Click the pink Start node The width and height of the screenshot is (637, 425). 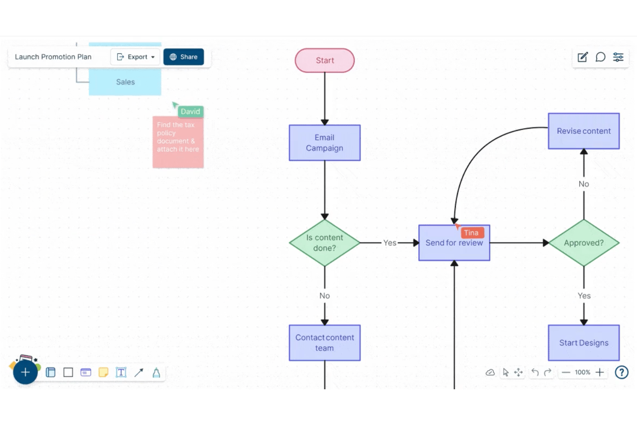pos(325,60)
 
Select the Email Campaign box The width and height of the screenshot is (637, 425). pos(325,143)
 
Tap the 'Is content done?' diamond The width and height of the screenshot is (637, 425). pos(325,243)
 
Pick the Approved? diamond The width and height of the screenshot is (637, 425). pos(584,243)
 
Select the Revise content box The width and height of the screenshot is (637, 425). pos(584,131)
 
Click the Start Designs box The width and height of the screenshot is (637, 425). pos(584,343)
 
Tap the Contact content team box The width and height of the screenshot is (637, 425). pos(325,343)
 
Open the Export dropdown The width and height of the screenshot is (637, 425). pos(135,57)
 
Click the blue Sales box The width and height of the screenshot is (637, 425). pos(125,82)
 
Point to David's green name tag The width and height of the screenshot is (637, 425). pos(191,112)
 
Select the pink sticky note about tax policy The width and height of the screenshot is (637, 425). pos(178,142)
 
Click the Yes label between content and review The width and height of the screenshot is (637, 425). pos(390,243)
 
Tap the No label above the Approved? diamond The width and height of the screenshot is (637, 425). pos(584,184)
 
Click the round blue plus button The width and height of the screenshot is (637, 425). pos(25,372)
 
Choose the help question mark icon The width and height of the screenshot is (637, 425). pos(622,372)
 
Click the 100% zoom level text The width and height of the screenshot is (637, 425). pos(582,372)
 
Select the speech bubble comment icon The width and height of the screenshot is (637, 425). pos(600,57)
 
